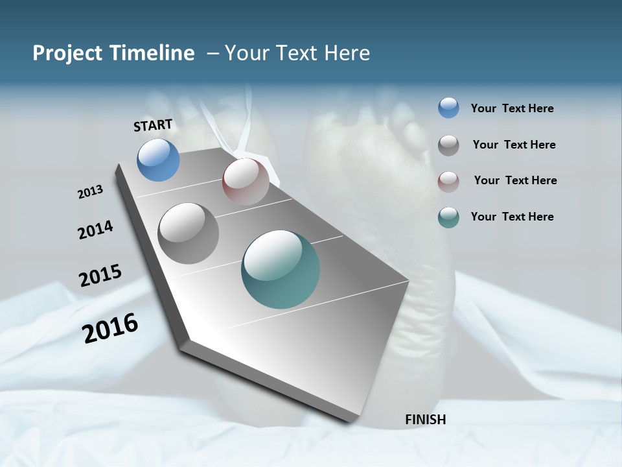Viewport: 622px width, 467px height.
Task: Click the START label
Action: click(153, 125)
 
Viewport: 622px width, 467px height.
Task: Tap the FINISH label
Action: click(425, 420)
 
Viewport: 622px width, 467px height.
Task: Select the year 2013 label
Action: click(90, 192)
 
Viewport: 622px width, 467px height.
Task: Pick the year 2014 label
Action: click(95, 230)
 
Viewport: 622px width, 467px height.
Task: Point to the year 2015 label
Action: click(100, 276)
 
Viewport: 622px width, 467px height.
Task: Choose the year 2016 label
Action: click(110, 328)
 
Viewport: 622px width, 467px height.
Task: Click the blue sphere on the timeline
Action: click(158, 160)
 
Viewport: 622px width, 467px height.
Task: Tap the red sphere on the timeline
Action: click(246, 181)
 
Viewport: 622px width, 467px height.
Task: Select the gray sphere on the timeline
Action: click(188, 233)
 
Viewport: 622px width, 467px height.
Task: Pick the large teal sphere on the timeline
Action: click(281, 269)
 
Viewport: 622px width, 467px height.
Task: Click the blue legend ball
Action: click(448, 108)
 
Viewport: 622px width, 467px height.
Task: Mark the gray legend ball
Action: click(448, 145)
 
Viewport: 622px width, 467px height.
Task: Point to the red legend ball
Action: click(448, 181)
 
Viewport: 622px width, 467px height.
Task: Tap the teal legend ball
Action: click(448, 217)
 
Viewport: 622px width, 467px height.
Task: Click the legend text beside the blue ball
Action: click(512, 109)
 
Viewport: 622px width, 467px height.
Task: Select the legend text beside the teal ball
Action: click(512, 217)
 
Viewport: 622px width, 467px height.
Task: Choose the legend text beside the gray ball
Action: click(514, 145)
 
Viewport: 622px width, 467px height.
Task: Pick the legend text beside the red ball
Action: click(515, 180)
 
